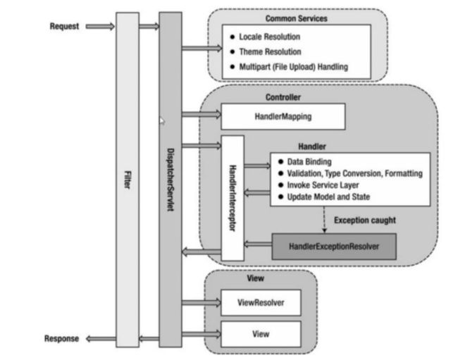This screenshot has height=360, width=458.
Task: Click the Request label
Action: click(x=64, y=26)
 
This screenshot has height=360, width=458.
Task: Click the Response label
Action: click(x=61, y=339)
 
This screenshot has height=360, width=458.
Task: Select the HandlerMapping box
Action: click(x=283, y=116)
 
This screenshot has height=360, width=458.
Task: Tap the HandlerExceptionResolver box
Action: click(x=334, y=247)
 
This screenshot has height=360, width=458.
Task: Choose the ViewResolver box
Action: click(x=261, y=302)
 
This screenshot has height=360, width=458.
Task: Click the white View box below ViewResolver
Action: click(x=261, y=334)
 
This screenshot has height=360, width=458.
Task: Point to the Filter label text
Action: click(x=128, y=180)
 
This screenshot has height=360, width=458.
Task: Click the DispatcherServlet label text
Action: click(x=171, y=180)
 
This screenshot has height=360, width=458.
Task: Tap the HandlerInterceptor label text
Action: click(x=233, y=198)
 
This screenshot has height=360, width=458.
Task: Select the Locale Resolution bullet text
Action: click(x=270, y=37)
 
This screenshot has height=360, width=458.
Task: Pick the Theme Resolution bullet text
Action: click(x=270, y=52)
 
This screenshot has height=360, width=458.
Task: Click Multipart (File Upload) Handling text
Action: click(x=294, y=67)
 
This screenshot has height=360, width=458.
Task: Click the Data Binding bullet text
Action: click(x=309, y=162)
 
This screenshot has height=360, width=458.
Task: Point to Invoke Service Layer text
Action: click(x=323, y=185)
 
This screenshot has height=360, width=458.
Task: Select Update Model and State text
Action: click(x=328, y=197)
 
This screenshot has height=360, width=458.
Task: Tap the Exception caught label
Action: click(x=365, y=220)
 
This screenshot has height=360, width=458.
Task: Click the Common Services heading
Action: click(x=296, y=19)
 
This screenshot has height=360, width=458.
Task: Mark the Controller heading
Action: click(x=283, y=97)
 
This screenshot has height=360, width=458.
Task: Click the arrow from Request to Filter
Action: click(x=100, y=27)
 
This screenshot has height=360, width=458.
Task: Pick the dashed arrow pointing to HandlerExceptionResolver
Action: click(x=324, y=220)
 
